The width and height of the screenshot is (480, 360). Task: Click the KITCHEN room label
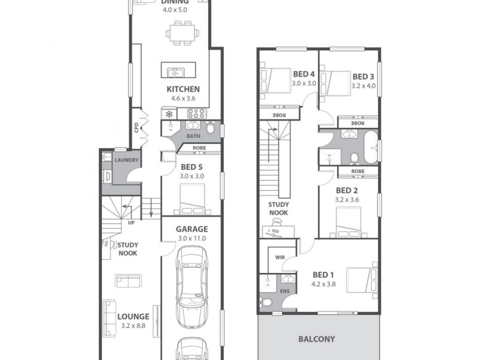[183, 89]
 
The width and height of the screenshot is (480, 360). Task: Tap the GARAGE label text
[191, 229]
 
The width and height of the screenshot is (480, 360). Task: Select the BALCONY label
[316, 338]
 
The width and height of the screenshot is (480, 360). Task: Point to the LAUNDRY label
[127, 160]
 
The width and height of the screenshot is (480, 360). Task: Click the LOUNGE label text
[133, 316]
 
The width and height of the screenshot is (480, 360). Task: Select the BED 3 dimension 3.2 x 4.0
[363, 86]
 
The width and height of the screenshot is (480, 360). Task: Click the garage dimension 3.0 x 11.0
[191, 238]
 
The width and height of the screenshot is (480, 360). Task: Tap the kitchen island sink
[175, 73]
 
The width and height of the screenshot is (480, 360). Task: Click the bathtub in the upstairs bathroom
[370, 146]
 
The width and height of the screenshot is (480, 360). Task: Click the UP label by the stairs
[131, 223]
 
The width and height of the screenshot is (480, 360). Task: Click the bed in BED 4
[275, 80]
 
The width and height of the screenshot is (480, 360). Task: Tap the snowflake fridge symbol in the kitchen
[169, 113]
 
